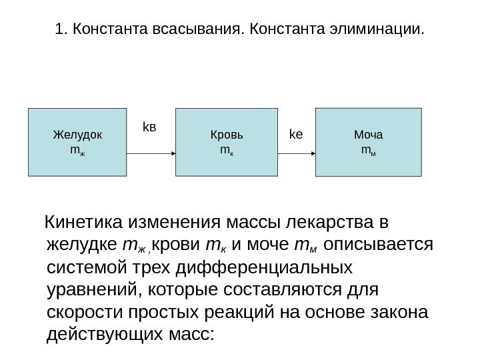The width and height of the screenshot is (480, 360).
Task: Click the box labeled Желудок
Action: [77, 142]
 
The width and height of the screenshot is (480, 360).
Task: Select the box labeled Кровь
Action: [227, 142]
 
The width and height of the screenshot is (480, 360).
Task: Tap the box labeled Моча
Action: [368, 141]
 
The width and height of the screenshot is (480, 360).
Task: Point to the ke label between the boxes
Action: [296, 134]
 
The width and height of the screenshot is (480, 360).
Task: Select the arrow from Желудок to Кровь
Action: [151, 153]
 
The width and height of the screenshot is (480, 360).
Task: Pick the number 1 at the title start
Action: [60, 30]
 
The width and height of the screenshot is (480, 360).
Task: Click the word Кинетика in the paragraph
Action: [83, 221]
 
